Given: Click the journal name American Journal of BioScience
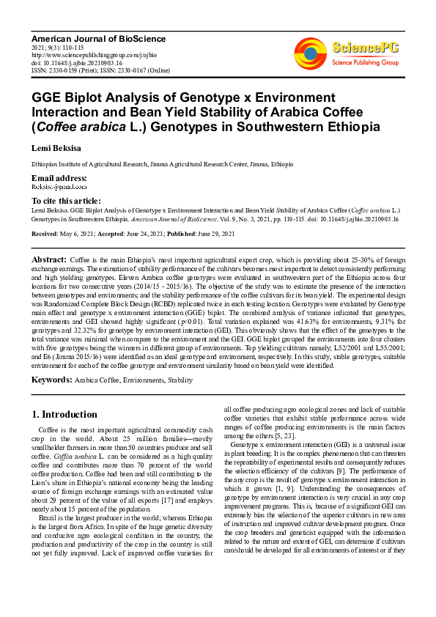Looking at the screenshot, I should click(99, 38).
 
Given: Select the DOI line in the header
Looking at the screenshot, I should click(72, 63).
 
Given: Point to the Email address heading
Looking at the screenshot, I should click(59, 179).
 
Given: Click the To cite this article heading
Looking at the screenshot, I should click(66, 201).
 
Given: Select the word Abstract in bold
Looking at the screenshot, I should click(49, 260).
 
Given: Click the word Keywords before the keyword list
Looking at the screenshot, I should click(51, 380).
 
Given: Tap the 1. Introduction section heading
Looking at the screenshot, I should click(64, 414).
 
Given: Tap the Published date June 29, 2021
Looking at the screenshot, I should click(213, 234).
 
